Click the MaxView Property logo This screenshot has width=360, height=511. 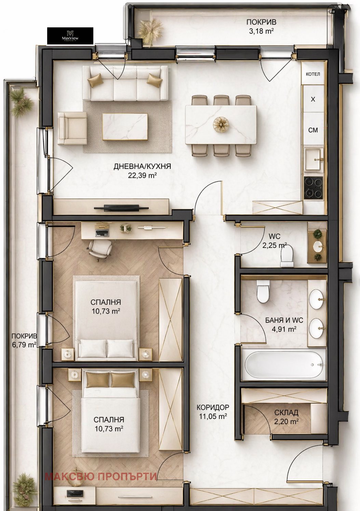(x=70, y=36)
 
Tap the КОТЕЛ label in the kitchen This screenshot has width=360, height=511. (x=313, y=74)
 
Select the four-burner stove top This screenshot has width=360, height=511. (x=314, y=188)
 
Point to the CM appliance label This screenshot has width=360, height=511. (x=313, y=130)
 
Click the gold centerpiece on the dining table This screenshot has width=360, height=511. (x=221, y=124)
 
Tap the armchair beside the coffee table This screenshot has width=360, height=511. (x=72, y=128)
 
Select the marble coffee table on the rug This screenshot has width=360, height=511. (x=125, y=127)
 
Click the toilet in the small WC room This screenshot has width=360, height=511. (x=287, y=256)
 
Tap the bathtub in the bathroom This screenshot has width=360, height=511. (x=284, y=365)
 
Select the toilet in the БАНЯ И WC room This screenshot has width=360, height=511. (x=263, y=291)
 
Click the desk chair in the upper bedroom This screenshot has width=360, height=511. (x=100, y=250)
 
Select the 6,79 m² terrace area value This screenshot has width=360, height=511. (x=24, y=344)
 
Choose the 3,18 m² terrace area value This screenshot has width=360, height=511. (x=261, y=31)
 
